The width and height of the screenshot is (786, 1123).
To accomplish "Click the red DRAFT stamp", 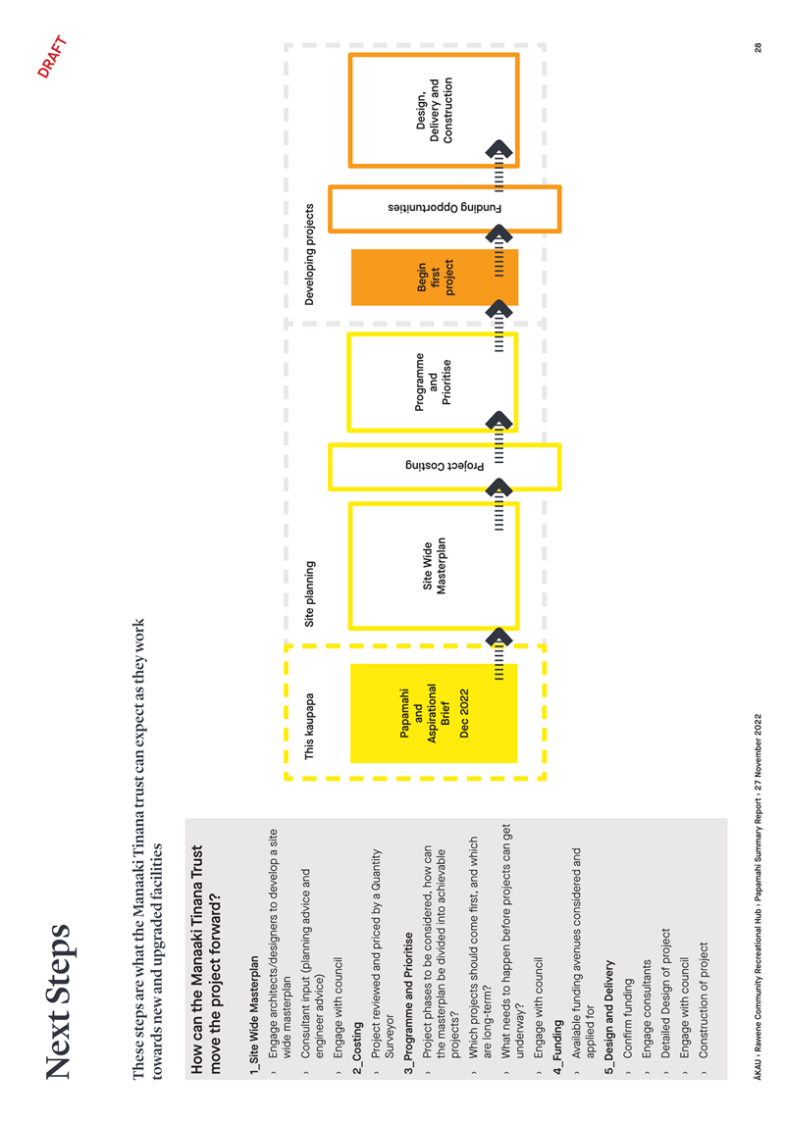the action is [52, 57].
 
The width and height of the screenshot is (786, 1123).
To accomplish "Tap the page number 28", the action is [759, 47].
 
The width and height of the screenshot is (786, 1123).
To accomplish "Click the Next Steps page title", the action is [59, 1002].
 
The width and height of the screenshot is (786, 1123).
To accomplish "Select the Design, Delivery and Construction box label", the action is [434, 110].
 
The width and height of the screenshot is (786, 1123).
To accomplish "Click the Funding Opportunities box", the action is [445, 209].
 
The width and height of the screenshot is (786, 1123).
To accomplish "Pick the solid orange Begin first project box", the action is [434, 278].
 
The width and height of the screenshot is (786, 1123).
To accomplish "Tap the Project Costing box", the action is [445, 467].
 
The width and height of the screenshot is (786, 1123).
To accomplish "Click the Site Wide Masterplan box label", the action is [434, 566].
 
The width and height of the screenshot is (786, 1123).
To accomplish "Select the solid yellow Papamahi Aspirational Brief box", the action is [434, 713].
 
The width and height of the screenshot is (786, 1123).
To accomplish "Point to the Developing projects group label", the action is [309, 254].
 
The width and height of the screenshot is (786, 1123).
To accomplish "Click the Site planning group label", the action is [309, 593].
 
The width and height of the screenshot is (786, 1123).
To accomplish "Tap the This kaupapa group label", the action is [309, 726].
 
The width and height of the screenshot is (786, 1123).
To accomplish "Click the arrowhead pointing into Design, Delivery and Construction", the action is [499, 148].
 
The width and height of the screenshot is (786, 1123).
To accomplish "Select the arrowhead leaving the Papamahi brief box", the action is [499, 636].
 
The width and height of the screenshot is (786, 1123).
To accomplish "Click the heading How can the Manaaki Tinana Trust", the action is [197, 960].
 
